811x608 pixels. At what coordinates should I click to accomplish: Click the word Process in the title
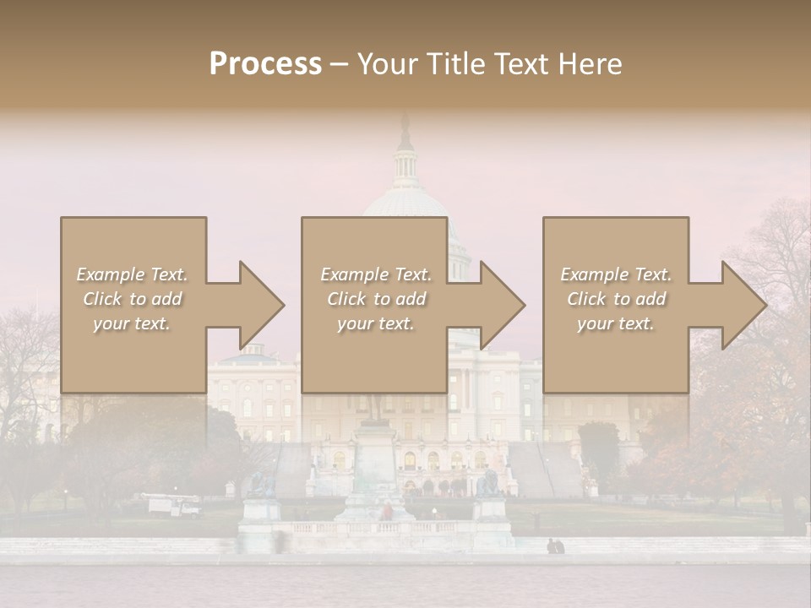(x=265, y=64)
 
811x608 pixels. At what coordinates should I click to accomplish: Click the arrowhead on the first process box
(x=253, y=305)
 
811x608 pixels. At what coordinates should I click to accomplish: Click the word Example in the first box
(x=110, y=274)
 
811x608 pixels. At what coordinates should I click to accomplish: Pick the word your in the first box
(x=111, y=323)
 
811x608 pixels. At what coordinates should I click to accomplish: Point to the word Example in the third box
(x=594, y=274)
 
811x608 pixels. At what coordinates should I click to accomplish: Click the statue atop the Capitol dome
(x=405, y=130)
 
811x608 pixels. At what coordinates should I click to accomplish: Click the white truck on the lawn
(x=176, y=506)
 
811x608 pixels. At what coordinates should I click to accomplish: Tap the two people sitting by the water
(x=555, y=546)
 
